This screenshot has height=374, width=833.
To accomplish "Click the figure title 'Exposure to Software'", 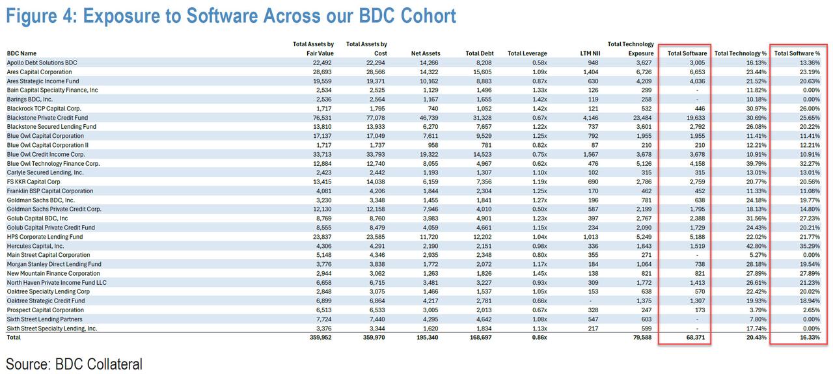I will pos(231,16).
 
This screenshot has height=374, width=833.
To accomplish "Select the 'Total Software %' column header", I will pos(797,53).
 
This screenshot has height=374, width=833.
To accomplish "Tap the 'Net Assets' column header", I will pos(426,53).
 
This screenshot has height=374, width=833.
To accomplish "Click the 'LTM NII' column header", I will pos(589,53).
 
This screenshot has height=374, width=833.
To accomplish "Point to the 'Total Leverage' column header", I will pos(527,53).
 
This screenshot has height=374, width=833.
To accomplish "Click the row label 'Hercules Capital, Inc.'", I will pos(35,246).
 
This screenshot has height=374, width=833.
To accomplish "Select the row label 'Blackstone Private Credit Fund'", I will pos(47,117).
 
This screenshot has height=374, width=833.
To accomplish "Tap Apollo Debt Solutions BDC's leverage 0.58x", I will pos(538,62).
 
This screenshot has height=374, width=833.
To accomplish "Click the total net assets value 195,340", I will pos(427,338).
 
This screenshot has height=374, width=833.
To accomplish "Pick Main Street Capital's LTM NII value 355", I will pos(593,255).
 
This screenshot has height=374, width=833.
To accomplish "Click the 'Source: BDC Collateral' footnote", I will pos(74,363).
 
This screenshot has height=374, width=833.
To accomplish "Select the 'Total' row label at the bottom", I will pos(14,338).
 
